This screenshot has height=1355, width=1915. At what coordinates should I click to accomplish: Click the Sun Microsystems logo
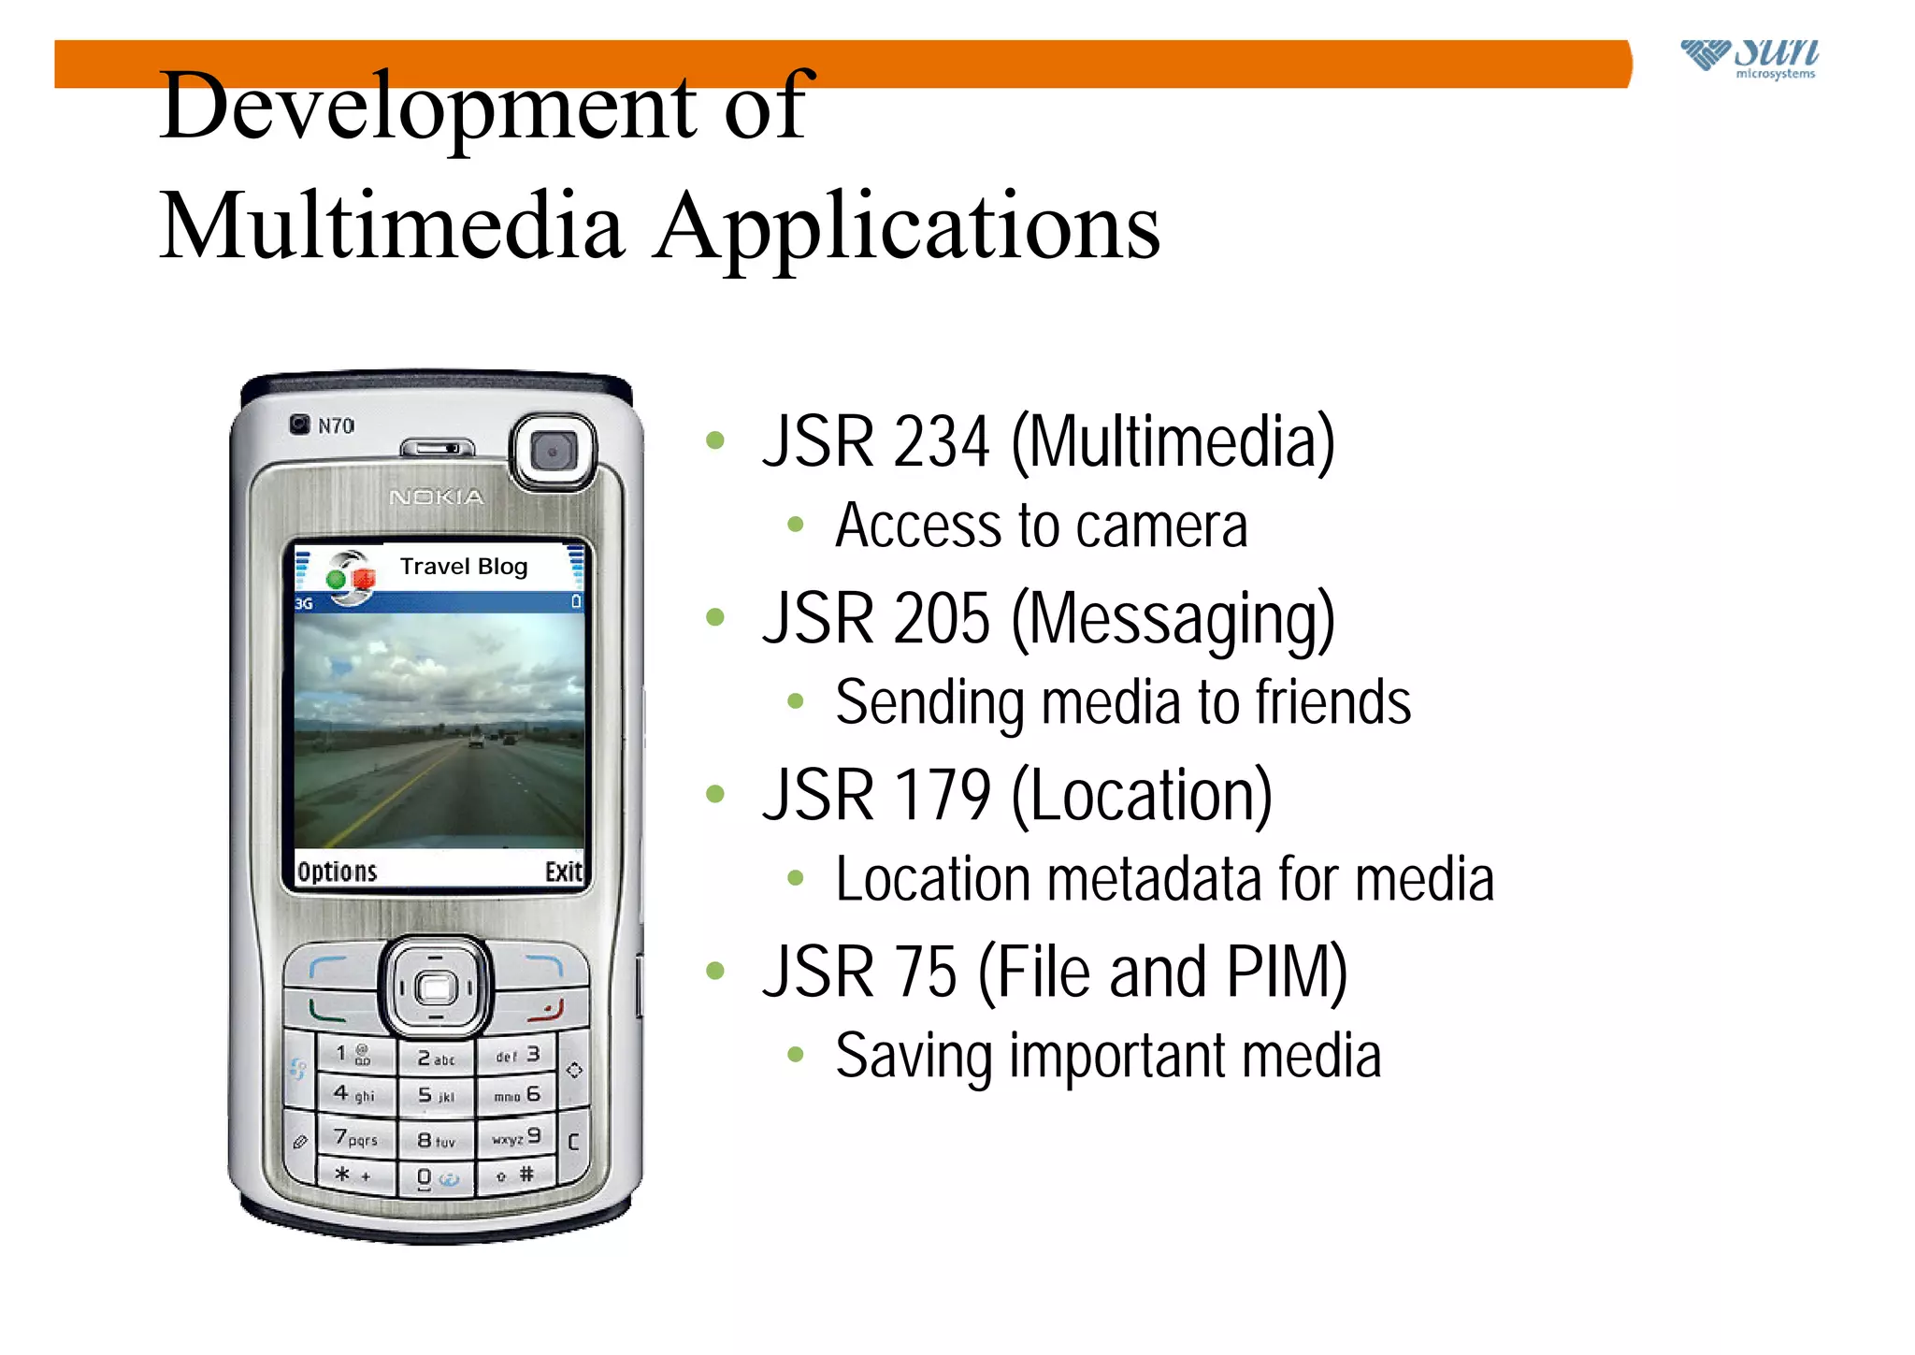1749,58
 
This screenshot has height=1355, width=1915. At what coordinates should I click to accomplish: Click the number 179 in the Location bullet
942,796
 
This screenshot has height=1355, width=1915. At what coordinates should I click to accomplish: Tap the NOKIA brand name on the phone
437,497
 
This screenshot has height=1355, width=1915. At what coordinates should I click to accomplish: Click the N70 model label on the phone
336,426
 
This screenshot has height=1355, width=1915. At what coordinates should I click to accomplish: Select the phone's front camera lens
553,452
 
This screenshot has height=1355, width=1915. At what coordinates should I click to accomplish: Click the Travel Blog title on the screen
464,567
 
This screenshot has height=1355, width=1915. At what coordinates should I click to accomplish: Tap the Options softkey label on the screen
337,872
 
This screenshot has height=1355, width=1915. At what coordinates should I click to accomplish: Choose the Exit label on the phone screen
564,872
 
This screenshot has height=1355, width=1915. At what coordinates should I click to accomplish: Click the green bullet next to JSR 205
715,617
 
